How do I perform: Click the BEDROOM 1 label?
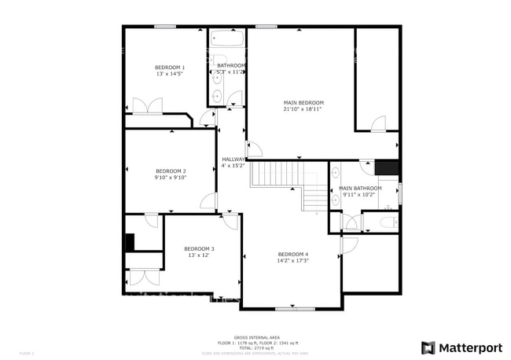(x=169, y=68)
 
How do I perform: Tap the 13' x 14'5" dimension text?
(x=169, y=75)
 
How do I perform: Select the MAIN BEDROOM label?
(x=303, y=102)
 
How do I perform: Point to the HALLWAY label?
(x=233, y=159)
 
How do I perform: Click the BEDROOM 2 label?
(x=171, y=171)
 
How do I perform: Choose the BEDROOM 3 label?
(x=200, y=248)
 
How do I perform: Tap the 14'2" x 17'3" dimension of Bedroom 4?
(x=293, y=260)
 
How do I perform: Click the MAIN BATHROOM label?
(x=360, y=188)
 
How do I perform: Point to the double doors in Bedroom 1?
(x=147, y=106)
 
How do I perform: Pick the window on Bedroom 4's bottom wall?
(x=291, y=307)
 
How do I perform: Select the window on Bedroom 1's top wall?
(x=164, y=27)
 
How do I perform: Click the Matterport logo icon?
(x=428, y=347)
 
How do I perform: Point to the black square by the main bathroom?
(x=387, y=167)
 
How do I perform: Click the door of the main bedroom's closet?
(x=378, y=123)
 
